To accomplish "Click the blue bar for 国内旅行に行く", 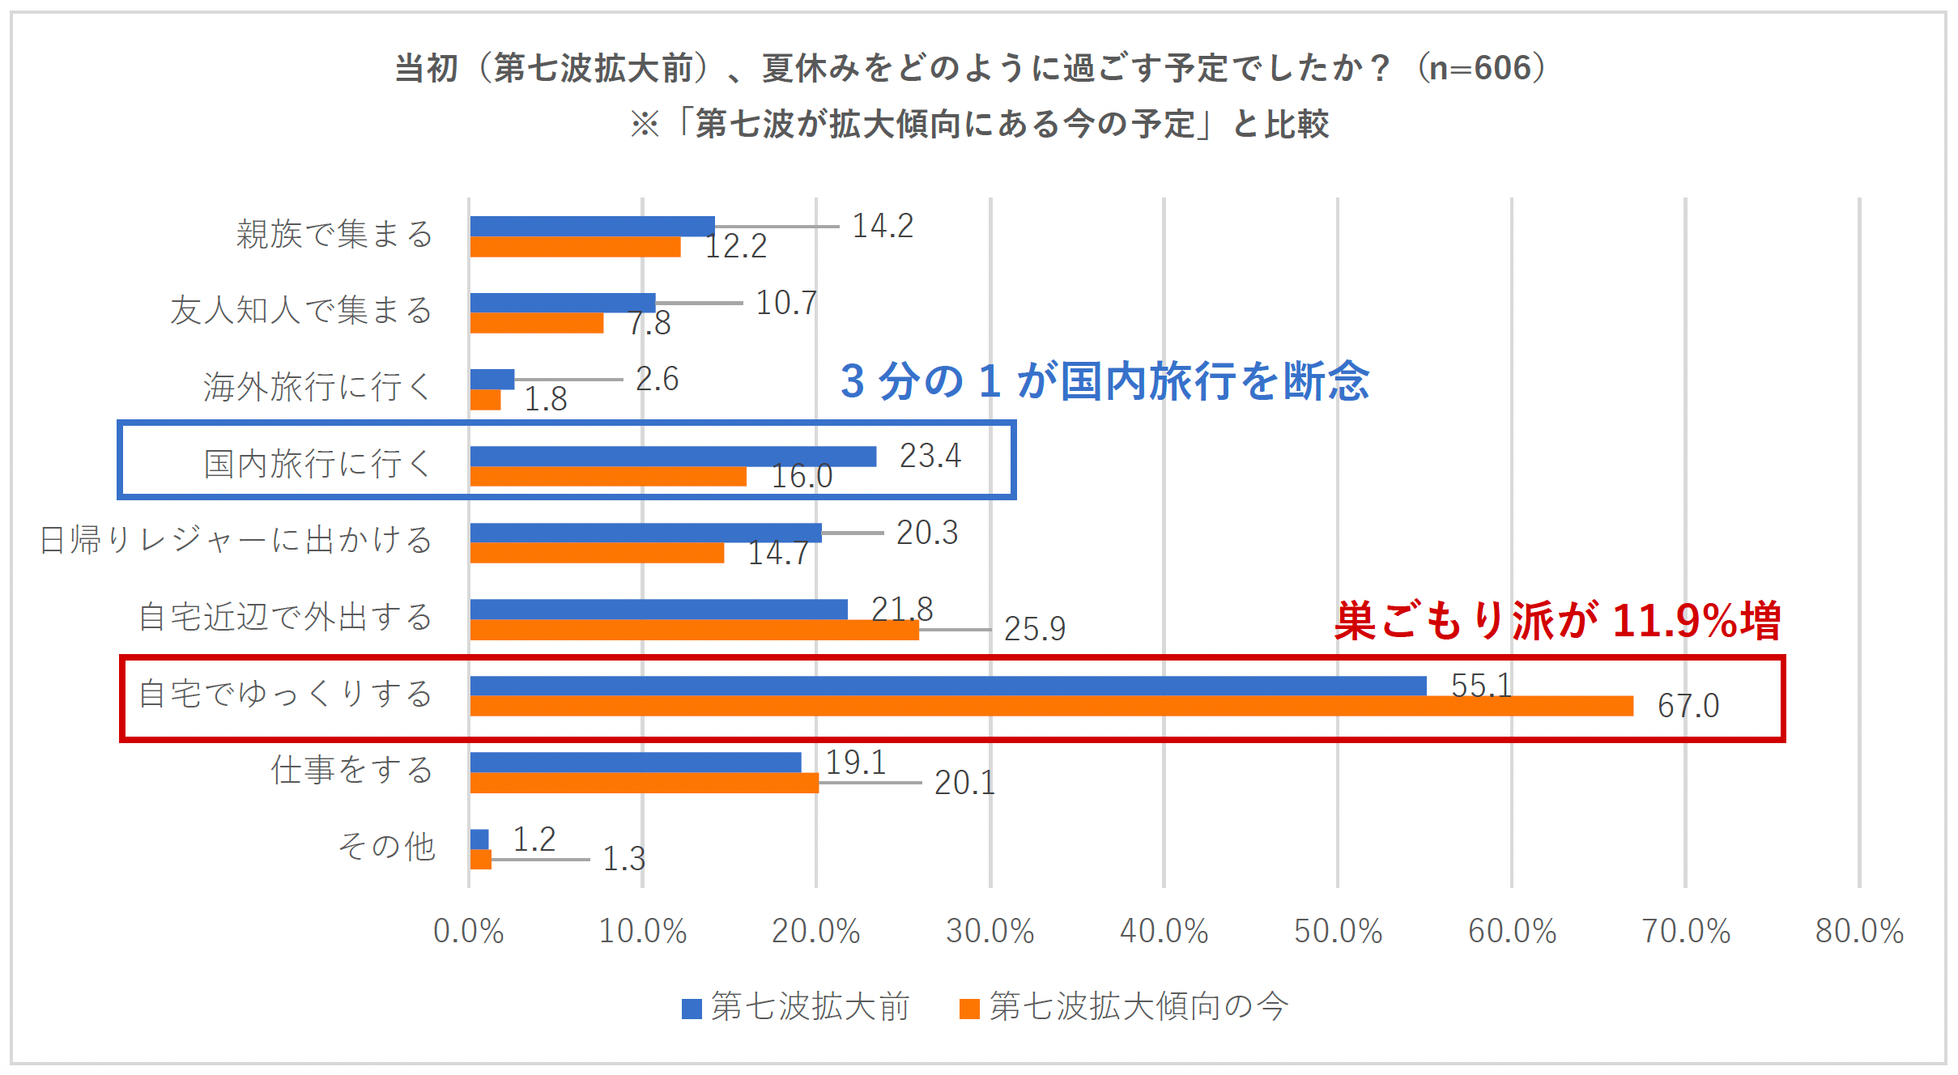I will point(672,457).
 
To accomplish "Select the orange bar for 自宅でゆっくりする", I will point(1051,706).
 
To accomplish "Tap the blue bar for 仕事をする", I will point(635,763).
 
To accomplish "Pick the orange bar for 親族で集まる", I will point(575,247).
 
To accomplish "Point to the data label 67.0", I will point(1688,706).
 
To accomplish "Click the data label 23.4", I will point(930,456).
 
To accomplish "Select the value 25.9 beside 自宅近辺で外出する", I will point(1034,629).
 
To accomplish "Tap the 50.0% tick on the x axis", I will point(1338,931).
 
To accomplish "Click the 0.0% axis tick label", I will point(468,931).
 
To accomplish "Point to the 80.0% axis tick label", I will point(1859,931).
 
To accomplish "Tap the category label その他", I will point(386,847).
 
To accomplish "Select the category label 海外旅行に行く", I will point(317,387).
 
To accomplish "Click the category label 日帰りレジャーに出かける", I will point(236,540).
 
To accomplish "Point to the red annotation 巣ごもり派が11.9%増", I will point(1557,621).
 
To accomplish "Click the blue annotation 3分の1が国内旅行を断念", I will point(1105,380).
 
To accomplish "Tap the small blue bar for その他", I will point(479,839).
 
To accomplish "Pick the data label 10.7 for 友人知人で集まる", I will point(785,303).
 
